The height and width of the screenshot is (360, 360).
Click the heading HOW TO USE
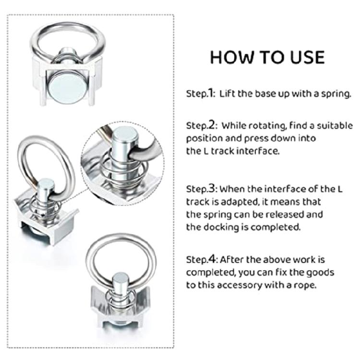coord(267,57)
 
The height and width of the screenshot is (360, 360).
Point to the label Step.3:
coord(201,189)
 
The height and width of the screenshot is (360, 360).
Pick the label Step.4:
coord(201,260)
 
